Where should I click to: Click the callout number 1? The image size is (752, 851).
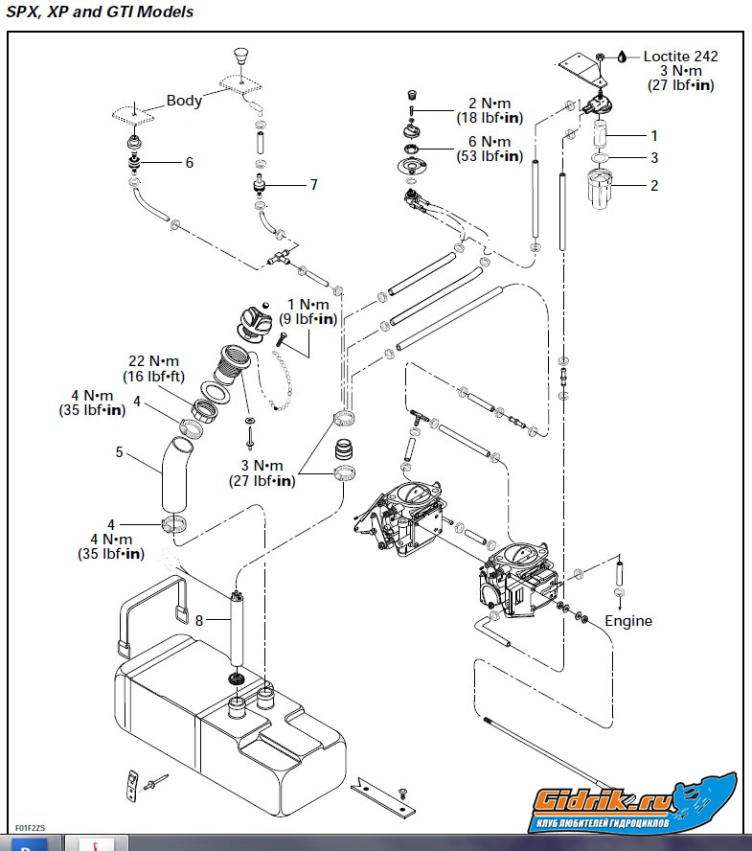[x=654, y=136]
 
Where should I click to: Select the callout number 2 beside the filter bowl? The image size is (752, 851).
[x=654, y=186]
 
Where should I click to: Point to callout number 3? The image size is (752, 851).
[x=654, y=158]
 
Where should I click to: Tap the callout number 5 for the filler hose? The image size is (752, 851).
[x=120, y=451]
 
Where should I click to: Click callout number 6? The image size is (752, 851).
[x=190, y=163]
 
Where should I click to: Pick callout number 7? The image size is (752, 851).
[x=313, y=185]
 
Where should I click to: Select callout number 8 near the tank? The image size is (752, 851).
[x=199, y=621]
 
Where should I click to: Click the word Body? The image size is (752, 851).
[x=184, y=100]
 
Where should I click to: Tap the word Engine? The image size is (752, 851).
[x=627, y=621]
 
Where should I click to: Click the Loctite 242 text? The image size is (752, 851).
[x=680, y=57]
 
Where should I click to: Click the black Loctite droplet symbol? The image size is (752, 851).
[x=622, y=57]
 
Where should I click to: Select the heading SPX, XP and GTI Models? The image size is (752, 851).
[x=100, y=12]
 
